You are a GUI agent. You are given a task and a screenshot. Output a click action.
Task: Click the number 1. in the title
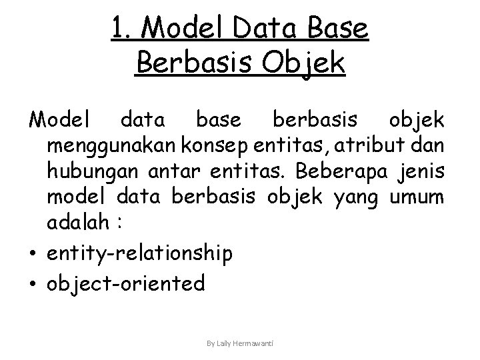click(x=123, y=29)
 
